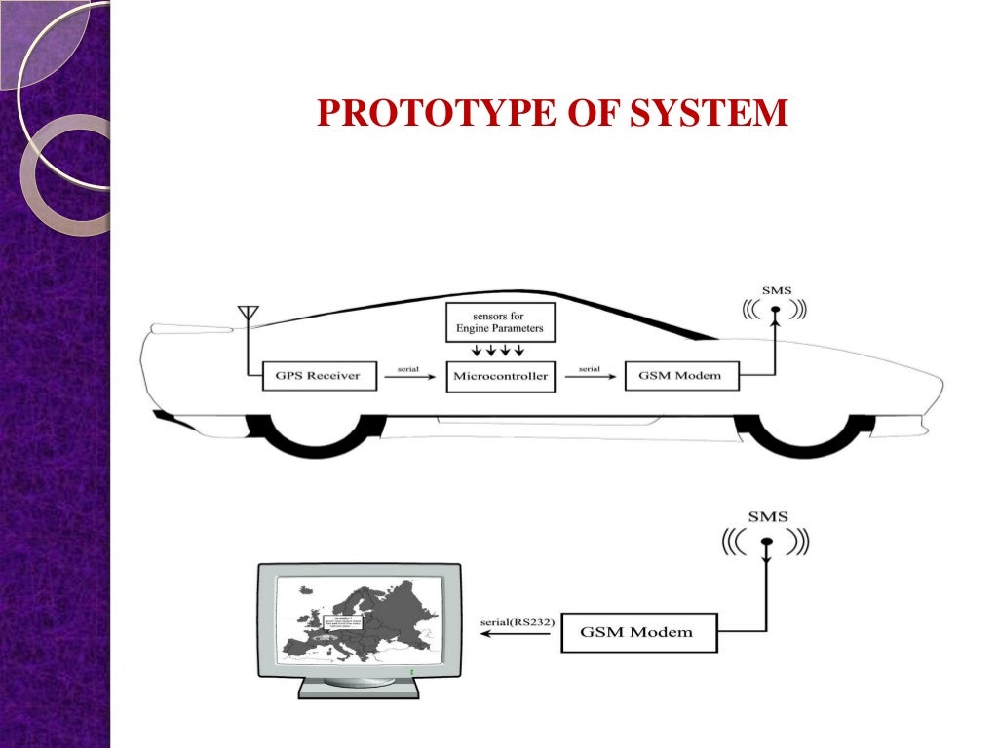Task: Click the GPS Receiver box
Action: (319, 376)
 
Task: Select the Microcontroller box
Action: (500, 377)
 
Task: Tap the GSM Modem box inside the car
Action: (680, 376)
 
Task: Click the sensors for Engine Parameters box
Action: (500, 321)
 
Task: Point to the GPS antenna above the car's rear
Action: (248, 314)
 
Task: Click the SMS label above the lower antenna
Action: (768, 517)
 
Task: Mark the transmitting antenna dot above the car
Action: (776, 311)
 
